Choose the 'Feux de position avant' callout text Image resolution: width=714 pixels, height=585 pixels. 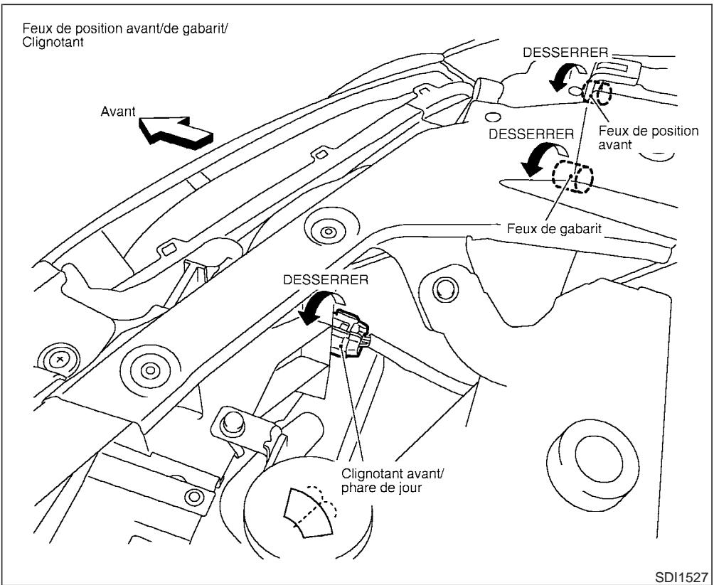tap(649, 139)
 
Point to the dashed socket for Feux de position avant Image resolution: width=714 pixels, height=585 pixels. tap(596, 91)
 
